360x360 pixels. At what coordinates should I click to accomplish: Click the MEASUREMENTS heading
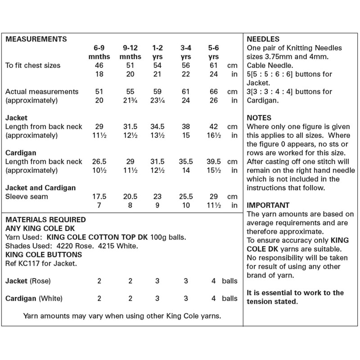point(36,39)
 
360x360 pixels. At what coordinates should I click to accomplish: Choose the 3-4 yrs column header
point(185,52)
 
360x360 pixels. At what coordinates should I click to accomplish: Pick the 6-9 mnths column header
point(100,52)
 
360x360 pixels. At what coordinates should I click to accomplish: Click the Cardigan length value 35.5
point(185,161)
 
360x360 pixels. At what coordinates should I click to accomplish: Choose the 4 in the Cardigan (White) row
point(212,298)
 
